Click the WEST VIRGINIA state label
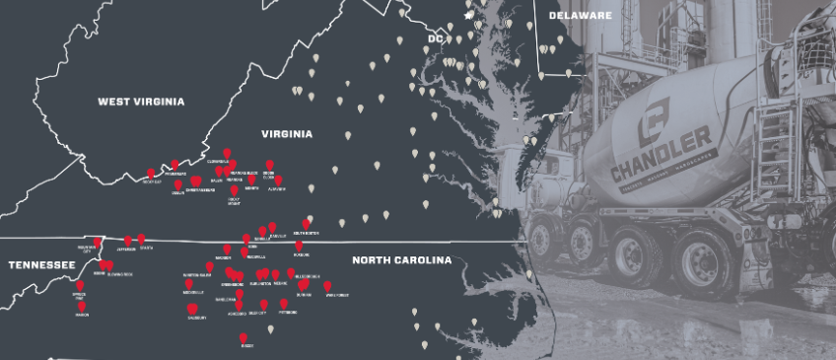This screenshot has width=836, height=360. [141, 102]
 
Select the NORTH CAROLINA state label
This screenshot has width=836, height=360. [401, 260]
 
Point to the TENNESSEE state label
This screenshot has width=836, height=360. [41, 265]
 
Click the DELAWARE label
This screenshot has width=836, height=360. [580, 16]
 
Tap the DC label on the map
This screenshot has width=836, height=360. [435, 38]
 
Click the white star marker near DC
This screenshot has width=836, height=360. [468, 16]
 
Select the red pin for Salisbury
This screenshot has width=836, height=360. [191, 309]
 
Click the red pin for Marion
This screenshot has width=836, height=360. [81, 306]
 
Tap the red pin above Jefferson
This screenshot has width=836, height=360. [127, 241]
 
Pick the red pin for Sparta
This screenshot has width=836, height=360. [142, 238]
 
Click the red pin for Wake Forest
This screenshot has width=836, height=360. [327, 286]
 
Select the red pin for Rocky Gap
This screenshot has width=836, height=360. [151, 174]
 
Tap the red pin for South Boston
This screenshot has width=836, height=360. [307, 224]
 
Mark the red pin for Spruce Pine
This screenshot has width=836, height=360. [80, 286]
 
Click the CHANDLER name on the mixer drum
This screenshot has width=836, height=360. [661, 143]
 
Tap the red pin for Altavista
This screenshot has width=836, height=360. [278, 180]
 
